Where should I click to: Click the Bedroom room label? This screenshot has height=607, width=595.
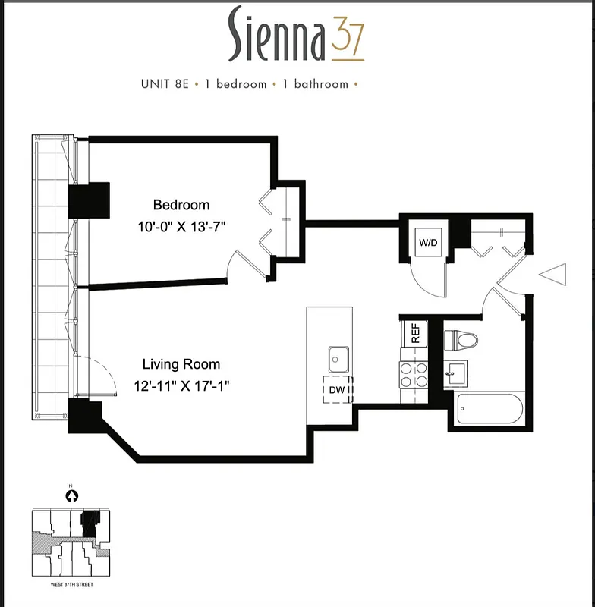coord(181,205)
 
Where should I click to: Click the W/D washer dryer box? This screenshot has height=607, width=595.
coord(428,244)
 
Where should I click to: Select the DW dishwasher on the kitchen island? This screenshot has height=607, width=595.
coord(336,390)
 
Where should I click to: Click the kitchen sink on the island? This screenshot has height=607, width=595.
coord(338,357)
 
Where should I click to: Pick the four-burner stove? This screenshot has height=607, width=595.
coord(414,376)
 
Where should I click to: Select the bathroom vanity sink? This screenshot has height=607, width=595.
coord(456,373)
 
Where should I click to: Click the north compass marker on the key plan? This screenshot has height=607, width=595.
coord(72,496)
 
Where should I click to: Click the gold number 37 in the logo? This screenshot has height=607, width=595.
coord(348,39)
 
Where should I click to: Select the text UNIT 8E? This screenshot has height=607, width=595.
coord(164,84)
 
